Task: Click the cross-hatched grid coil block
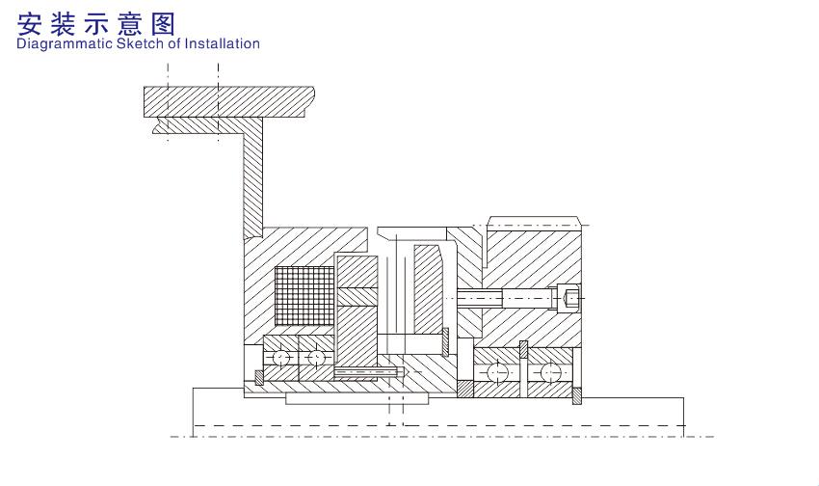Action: coord(303,297)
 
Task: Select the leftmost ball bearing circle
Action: coord(281,358)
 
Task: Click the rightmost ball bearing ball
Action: coord(551,372)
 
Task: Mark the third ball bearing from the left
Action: coord(497,372)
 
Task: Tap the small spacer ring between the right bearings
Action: coord(523,349)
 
